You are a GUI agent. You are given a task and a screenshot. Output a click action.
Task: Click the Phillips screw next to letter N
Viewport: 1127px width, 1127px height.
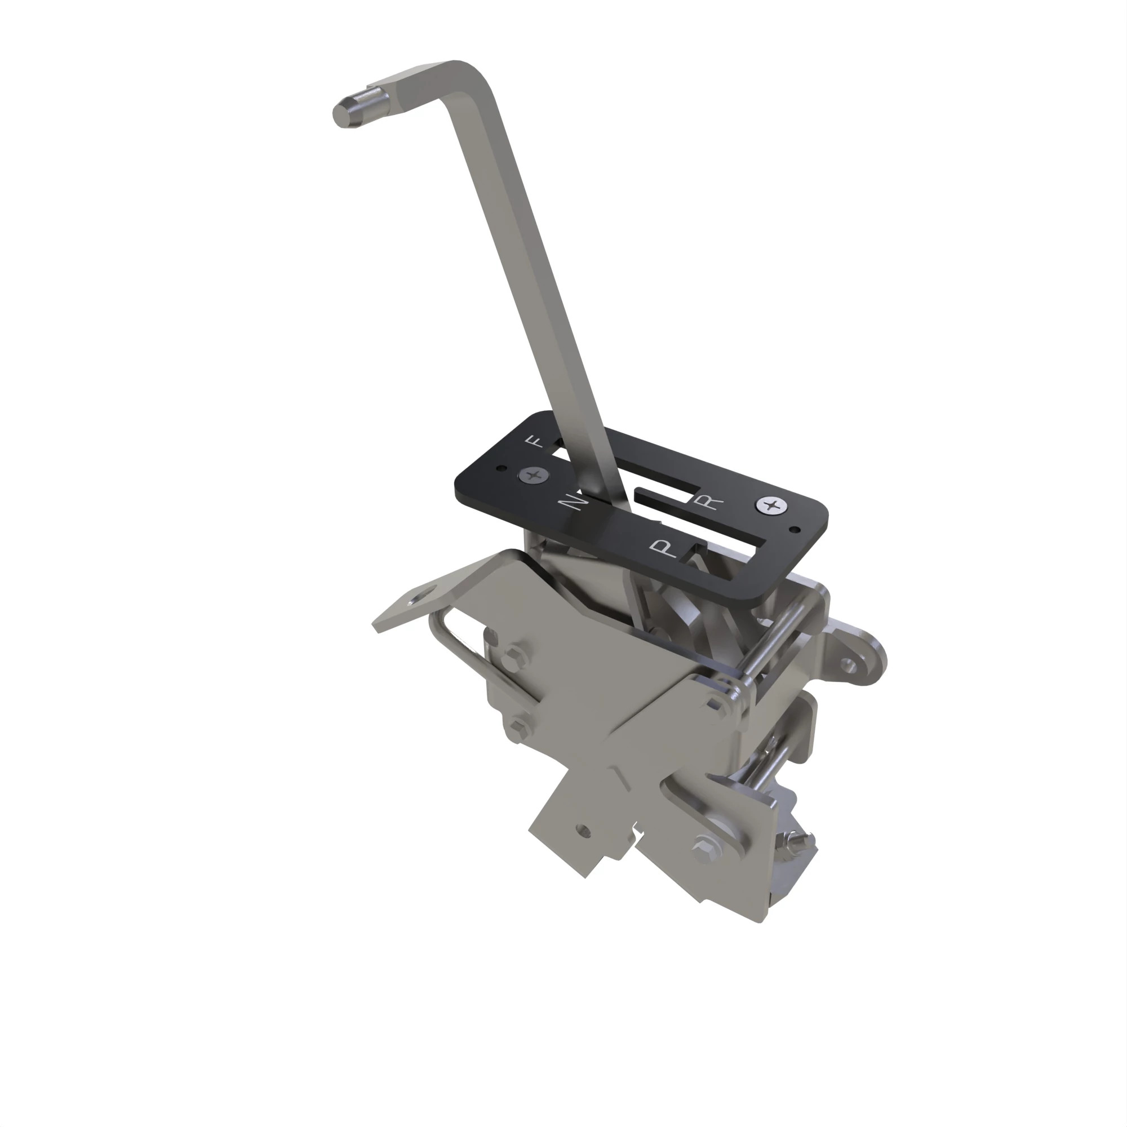click(533, 476)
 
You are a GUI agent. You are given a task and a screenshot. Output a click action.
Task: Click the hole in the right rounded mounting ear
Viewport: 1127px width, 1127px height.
click(848, 664)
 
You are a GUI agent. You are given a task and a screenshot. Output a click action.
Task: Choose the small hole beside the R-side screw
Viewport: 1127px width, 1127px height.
click(795, 530)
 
